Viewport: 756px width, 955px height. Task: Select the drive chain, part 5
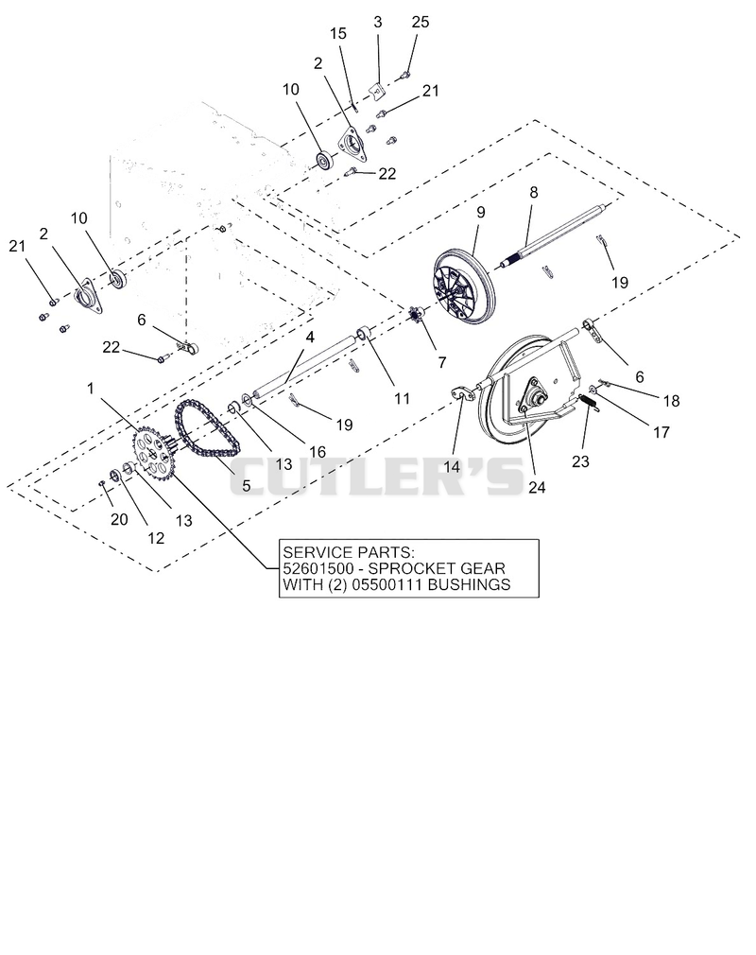tap(208, 434)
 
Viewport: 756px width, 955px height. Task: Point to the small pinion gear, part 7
tap(418, 316)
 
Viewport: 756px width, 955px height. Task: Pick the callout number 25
tap(420, 22)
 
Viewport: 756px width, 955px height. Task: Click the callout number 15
tap(337, 33)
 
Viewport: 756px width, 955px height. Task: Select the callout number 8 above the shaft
tap(534, 193)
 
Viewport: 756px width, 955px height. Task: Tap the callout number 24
tap(536, 487)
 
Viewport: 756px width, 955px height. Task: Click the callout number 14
tap(451, 467)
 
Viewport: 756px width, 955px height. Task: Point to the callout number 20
tap(119, 519)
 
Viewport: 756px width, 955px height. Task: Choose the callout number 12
tap(156, 538)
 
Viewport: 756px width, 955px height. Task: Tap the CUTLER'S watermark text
tap(377, 477)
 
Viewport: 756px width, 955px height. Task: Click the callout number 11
tap(402, 398)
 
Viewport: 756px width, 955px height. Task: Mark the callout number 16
tap(318, 451)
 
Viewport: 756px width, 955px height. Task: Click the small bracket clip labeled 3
tap(378, 91)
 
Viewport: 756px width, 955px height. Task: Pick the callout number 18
tap(671, 401)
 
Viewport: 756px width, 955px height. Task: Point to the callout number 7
tap(442, 362)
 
